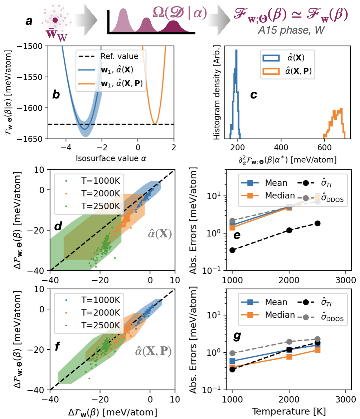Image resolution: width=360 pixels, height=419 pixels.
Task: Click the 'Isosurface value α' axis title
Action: point(110,158)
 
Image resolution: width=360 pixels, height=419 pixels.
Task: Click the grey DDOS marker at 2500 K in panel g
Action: point(317,339)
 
